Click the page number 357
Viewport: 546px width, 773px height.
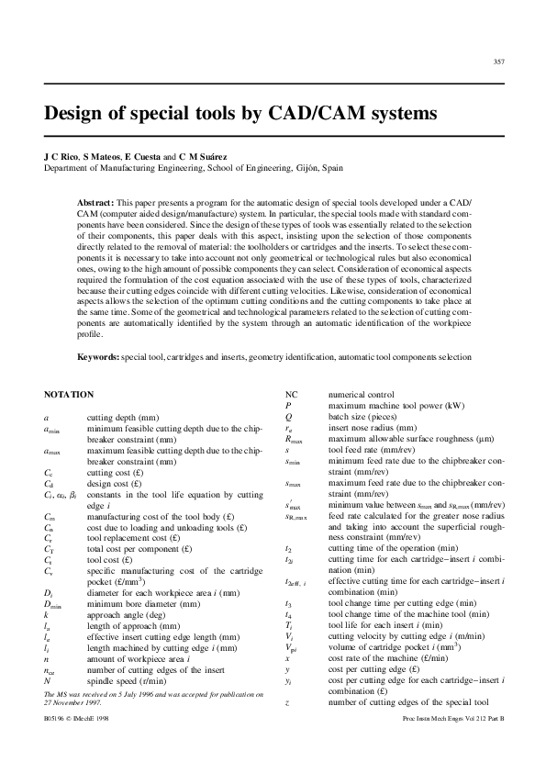click(x=498, y=62)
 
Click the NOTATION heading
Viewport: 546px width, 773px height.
click(x=69, y=394)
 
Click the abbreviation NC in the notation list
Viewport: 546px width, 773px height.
click(x=292, y=394)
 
